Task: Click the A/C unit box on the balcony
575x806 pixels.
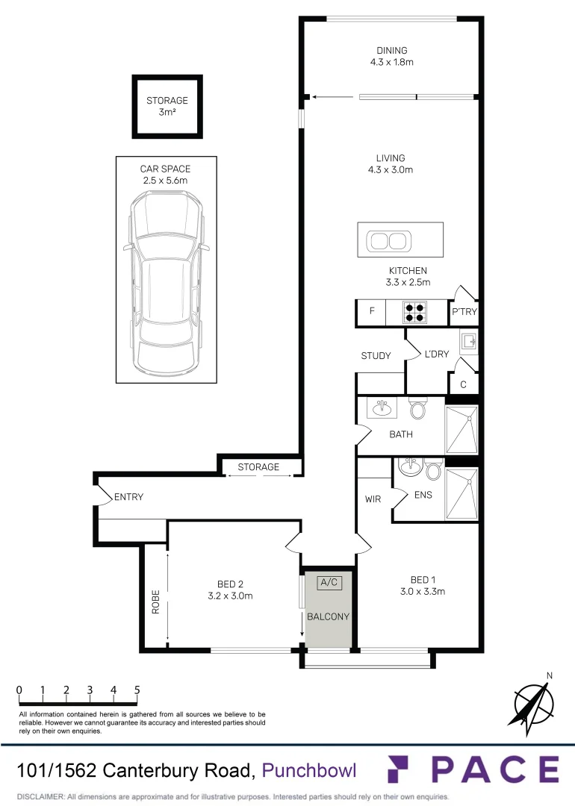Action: [x=329, y=583]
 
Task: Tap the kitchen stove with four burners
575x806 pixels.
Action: [x=414, y=311]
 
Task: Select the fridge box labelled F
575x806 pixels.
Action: [x=371, y=311]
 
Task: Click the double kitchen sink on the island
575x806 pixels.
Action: [x=388, y=240]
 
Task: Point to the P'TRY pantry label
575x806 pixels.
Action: [x=464, y=312]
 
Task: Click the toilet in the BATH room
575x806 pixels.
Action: [x=417, y=409]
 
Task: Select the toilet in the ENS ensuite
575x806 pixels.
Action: [x=432, y=470]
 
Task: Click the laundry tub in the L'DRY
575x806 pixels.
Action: [x=468, y=342]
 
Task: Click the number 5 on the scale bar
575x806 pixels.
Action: [x=137, y=690]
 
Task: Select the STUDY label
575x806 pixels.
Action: [x=376, y=356]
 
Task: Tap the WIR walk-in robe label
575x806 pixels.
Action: [x=373, y=499]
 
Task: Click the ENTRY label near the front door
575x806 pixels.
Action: [x=128, y=497]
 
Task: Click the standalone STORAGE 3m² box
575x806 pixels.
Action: [x=167, y=107]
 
